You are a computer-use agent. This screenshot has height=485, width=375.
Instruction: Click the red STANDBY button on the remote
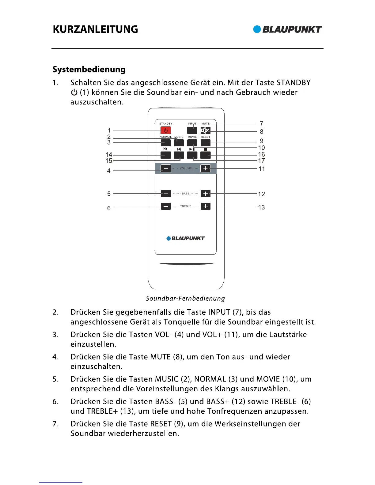coord(166,130)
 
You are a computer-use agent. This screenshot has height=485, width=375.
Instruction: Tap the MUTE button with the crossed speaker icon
coord(205,131)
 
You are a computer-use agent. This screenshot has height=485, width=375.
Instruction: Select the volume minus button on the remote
coord(166,168)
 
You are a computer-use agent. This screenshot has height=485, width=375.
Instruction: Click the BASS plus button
coord(206,194)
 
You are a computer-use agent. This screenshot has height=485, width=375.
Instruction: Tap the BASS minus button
coord(166,194)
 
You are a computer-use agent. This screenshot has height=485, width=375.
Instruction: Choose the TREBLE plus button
coord(206,206)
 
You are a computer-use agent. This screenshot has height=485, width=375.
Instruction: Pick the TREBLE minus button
coord(166,206)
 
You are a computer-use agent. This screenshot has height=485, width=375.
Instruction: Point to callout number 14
coord(109,155)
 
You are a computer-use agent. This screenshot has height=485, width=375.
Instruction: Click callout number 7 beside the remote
coord(261,123)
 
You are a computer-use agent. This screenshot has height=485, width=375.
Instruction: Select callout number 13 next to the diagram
coord(261,207)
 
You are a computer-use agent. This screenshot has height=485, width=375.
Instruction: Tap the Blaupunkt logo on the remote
coord(186,238)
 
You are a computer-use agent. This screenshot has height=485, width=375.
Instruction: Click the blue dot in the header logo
coord(257,29)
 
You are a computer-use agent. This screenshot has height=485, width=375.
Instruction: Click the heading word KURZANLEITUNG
coord(95,29)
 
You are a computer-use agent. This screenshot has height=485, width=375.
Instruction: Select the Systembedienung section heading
coord(89,70)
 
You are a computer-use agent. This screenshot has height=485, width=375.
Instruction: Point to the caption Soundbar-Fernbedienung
coord(185,298)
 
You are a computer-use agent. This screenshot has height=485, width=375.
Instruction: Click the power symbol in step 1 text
coord(74,92)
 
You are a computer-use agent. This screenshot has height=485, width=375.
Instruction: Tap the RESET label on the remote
coord(206,137)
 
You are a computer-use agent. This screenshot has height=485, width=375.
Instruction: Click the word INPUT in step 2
coord(219,312)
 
